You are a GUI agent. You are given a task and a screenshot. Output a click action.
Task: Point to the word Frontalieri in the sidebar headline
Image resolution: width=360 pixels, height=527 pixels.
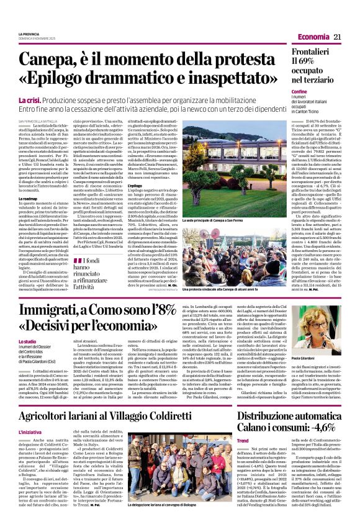(x=315, y=53)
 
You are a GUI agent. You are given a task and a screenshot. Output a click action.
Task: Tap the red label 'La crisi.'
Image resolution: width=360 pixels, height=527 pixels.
(x=30, y=100)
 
